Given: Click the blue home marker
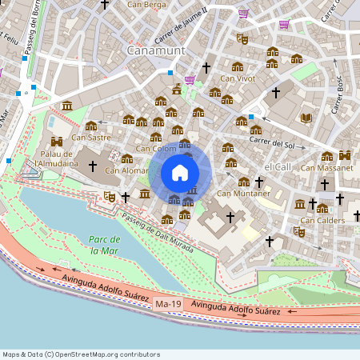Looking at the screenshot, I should tap(180, 173).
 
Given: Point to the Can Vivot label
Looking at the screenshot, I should tap(238, 78).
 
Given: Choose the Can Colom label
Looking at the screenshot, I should tap(156, 148).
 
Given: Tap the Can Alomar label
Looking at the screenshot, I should tap(126, 170).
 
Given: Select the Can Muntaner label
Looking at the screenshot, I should tap(243, 193).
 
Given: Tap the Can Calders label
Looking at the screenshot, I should tap(322, 220).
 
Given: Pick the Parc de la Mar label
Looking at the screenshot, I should tap(105, 245).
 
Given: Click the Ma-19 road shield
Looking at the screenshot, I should tap(168, 304).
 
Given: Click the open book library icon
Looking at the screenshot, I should tap(306, 118).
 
